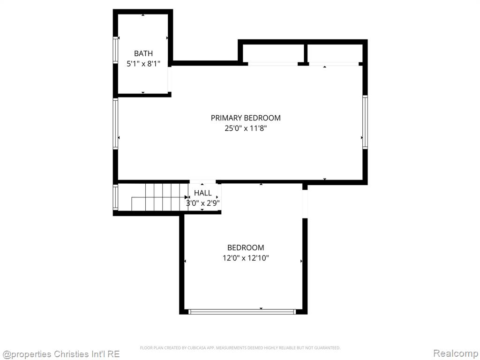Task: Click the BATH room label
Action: point(143,53)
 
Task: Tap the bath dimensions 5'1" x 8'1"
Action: point(143,64)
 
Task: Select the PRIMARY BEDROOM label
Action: point(246,118)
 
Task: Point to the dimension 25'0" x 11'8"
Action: point(246,128)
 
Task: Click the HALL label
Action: point(202,193)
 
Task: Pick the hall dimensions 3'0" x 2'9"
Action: point(202,203)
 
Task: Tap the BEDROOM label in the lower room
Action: point(246,247)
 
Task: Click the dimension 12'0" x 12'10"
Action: point(246,258)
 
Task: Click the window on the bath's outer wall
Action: point(115,50)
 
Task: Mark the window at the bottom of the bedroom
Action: point(242,312)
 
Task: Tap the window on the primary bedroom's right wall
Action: point(365,122)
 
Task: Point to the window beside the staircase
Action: point(115,197)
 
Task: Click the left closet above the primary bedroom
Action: point(273,53)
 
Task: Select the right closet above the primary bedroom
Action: point(335,53)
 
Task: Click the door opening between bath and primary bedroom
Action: point(169,79)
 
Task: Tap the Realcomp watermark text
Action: point(456,353)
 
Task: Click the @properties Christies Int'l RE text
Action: point(60,354)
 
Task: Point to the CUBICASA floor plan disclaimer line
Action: point(240,348)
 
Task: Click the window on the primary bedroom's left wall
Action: point(115,124)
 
